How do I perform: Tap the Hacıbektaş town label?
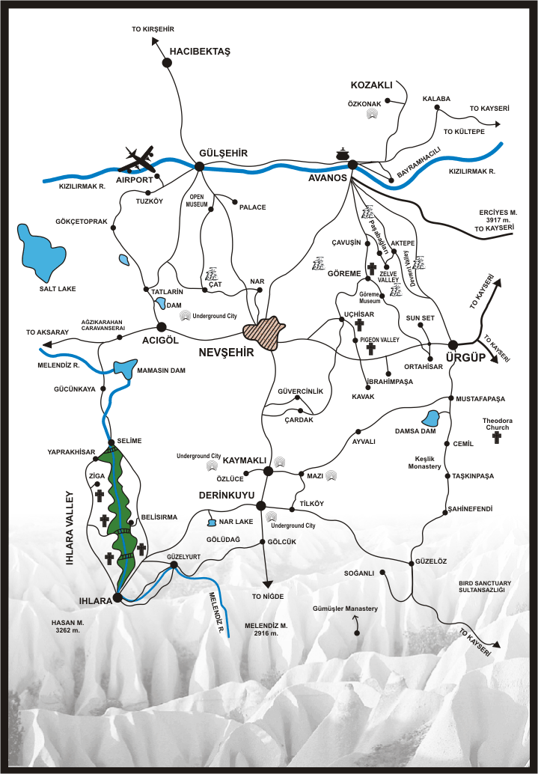point(201,51)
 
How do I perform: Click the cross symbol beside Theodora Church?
point(497,437)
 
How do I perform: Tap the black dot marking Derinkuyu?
point(260,506)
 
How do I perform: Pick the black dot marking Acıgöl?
point(161,326)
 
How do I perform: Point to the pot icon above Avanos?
point(343,154)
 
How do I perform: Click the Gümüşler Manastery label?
point(346,609)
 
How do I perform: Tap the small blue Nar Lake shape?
point(212,522)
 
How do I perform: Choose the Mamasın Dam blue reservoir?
point(124,368)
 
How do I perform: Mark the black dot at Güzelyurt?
point(174,565)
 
